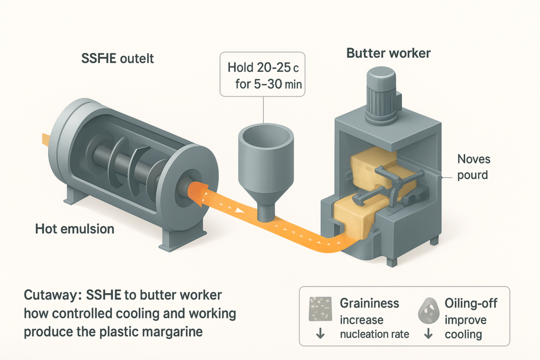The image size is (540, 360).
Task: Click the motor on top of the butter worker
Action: pos(381,92)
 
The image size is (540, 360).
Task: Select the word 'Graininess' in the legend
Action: pos(369,303)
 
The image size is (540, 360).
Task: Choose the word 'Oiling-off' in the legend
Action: pos(470,303)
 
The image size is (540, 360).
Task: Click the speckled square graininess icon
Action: pos(320,307)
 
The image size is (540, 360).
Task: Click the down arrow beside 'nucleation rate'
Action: pos(320,334)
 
